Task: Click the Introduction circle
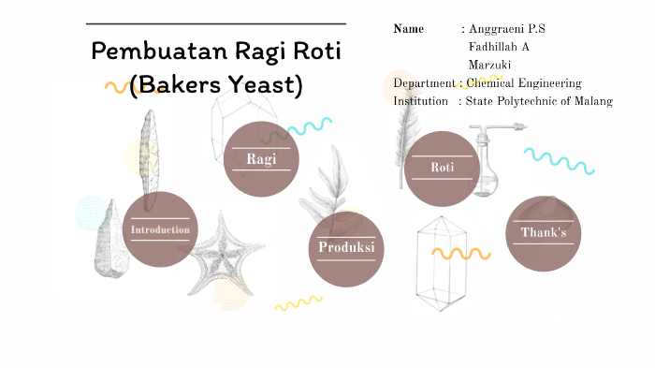[160, 229]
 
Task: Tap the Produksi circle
[346, 248]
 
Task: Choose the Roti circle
[442, 168]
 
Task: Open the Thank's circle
[544, 233]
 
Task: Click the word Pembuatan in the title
[147, 52]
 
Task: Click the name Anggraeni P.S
[506, 29]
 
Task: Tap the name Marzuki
[489, 65]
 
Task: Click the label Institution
[420, 101]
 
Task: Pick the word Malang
[589, 101]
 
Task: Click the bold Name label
[409, 29]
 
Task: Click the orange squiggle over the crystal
[460, 253]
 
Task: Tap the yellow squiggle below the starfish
[298, 302]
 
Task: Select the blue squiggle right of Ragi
[310, 126]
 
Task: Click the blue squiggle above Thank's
[559, 161]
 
